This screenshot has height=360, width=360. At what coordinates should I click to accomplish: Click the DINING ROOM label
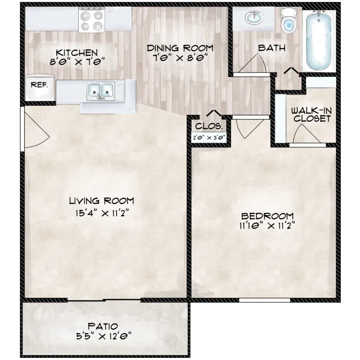(180, 48)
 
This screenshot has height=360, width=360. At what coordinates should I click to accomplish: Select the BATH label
(272, 48)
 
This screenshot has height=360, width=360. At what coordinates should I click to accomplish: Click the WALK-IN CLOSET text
(311, 114)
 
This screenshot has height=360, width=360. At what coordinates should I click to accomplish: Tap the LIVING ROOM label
(101, 201)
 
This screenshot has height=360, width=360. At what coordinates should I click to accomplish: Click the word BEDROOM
(268, 216)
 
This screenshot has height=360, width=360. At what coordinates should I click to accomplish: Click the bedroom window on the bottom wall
(264, 300)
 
